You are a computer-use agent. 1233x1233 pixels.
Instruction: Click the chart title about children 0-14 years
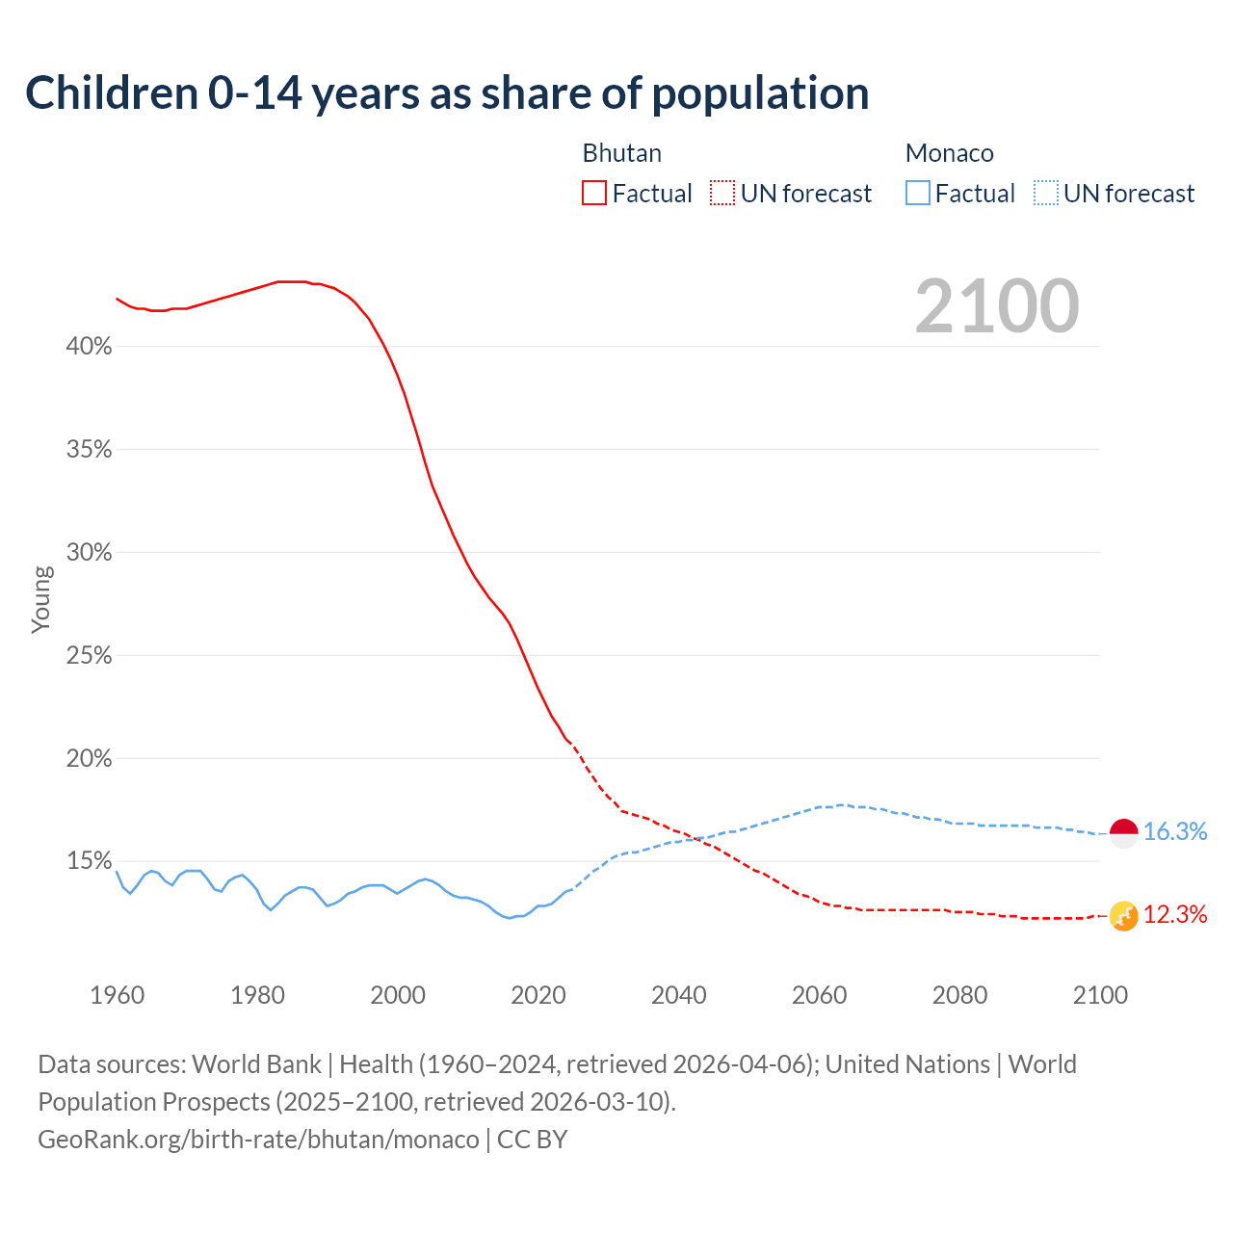[x=447, y=93]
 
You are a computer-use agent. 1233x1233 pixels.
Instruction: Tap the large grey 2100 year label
[x=997, y=306]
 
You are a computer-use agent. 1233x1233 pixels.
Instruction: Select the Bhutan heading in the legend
[x=621, y=153]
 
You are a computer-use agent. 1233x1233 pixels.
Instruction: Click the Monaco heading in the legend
[x=949, y=153]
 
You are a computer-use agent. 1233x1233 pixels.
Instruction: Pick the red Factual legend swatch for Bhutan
[x=594, y=194]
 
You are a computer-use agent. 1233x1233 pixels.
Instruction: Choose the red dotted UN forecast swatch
[x=722, y=194]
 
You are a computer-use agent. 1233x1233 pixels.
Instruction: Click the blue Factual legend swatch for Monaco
[x=918, y=194]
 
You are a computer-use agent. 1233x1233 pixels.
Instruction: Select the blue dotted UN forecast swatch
[x=1046, y=194]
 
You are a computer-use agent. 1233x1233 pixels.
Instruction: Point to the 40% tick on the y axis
[x=89, y=347]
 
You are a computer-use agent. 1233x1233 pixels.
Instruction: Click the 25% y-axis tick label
[x=89, y=656]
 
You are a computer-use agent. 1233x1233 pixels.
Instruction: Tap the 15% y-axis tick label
[x=89, y=861]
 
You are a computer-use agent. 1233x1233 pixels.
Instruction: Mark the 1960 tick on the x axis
[x=117, y=995]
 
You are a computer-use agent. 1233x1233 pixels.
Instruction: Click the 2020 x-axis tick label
[x=538, y=995]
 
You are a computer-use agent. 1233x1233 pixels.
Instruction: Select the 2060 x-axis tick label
[x=819, y=995]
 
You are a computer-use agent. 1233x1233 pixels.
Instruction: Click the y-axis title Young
[x=41, y=599]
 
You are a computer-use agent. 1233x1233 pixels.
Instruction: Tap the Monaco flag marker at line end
[x=1124, y=833]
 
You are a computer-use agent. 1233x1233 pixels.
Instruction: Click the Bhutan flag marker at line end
[x=1124, y=916]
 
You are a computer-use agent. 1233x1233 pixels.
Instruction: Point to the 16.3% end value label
[x=1175, y=832]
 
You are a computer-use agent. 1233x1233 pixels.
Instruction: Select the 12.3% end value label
[x=1175, y=915]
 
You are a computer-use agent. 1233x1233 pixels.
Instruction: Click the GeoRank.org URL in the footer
[x=258, y=1140]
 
